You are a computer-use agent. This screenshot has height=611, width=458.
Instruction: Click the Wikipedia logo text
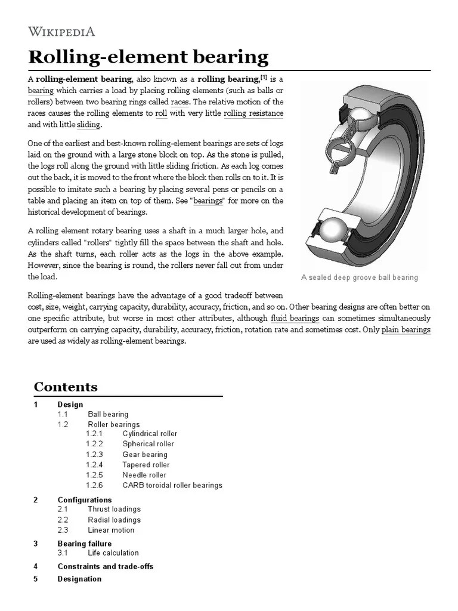click(x=61, y=32)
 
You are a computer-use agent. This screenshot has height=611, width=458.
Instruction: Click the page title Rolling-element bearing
click(x=148, y=57)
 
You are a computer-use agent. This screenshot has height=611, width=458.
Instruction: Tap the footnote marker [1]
click(x=264, y=78)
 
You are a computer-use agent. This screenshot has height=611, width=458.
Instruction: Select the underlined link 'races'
click(x=180, y=101)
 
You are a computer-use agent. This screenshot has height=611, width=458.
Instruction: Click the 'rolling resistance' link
click(x=253, y=113)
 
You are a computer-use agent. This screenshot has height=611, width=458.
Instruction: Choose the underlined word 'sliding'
click(x=89, y=125)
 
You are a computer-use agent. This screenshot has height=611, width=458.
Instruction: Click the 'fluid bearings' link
click(x=295, y=318)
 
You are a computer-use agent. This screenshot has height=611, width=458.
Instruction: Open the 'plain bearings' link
click(x=406, y=329)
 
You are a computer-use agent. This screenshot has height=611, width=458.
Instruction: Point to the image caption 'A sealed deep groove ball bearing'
click(x=360, y=277)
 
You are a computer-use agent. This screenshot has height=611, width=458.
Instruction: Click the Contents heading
click(x=66, y=387)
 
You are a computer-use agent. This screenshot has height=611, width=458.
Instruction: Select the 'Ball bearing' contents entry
click(x=108, y=414)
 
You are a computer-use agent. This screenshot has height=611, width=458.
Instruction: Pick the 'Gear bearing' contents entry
click(x=145, y=455)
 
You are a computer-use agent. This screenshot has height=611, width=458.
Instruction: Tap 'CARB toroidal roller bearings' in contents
click(x=172, y=485)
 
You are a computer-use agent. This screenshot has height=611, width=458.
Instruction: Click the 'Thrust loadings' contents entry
click(x=114, y=509)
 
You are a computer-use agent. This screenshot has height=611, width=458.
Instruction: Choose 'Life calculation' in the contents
click(x=113, y=553)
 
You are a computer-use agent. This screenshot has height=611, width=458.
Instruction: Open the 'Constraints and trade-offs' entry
click(x=105, y=566)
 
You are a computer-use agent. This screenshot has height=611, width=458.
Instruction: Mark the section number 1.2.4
click(x=94, y=465)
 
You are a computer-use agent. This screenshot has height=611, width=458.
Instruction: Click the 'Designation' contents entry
click(x=79, y=579)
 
